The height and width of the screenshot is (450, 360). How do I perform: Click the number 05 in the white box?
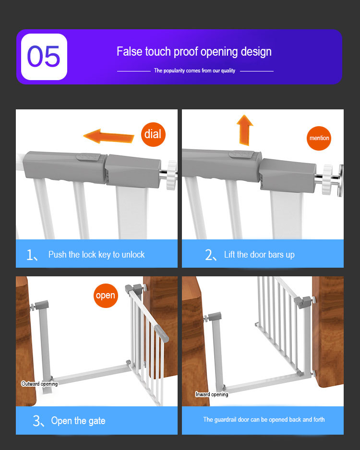[x=44, y=57]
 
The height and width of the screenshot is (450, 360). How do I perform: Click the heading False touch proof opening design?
[x=194, y=52]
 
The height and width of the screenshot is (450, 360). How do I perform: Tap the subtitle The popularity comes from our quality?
[x=194, y=71]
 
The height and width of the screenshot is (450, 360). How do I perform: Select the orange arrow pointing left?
[x=108, y=136]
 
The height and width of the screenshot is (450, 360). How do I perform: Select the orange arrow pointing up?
[x=245, y=130]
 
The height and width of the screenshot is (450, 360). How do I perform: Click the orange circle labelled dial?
[x=153, y=134]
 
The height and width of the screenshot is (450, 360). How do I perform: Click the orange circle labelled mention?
[x=319, y=138]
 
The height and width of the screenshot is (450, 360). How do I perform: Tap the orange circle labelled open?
[x=105, y=296]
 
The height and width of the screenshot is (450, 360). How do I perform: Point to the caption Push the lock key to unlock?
[x=96, y=255]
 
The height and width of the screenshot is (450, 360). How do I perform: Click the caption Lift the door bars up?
[x=259, y=255]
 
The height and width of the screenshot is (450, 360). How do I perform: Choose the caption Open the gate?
[x=78, y=421]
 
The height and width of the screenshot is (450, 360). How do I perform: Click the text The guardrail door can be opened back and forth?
[x=264, y=420]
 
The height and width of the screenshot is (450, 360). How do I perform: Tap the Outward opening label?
[x=39, y=384]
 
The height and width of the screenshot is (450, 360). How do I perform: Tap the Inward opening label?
[x=212, y=394]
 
